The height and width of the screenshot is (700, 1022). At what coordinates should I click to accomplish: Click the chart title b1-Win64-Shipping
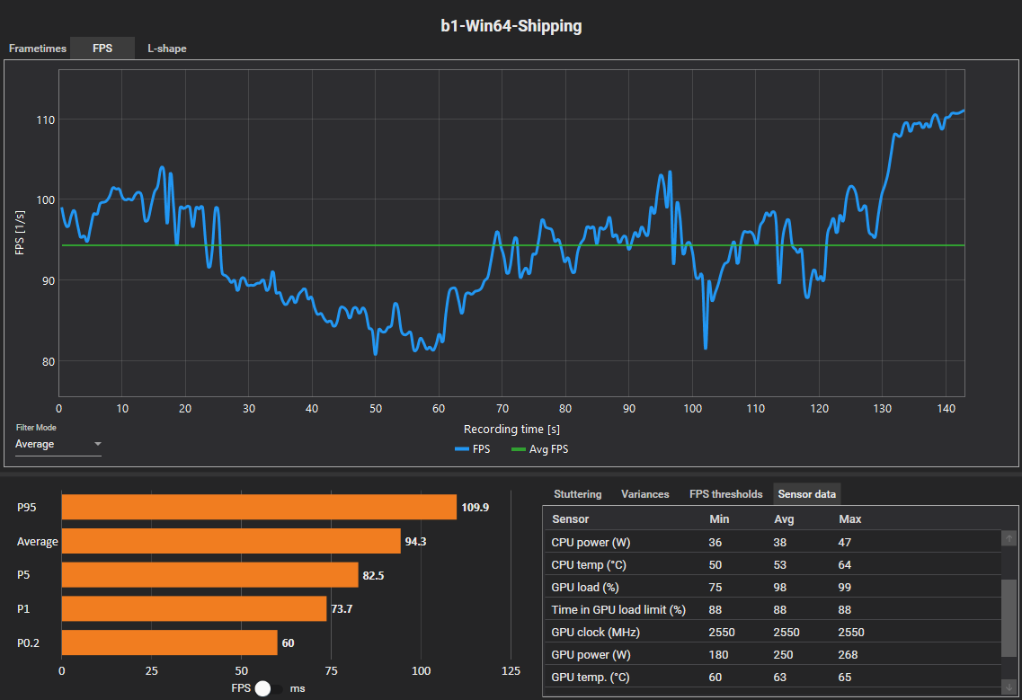coord(511,26)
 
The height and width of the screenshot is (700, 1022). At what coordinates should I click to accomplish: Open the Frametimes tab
coord(38,49)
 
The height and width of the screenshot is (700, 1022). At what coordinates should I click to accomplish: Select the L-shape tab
coord(167,49)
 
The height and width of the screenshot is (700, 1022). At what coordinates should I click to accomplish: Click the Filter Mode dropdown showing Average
coord(58,444)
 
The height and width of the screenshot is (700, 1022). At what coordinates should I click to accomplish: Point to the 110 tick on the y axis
coord(44,120)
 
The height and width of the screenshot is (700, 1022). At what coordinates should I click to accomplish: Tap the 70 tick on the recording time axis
coord(502,409)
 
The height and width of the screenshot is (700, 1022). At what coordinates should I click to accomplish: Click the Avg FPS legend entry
coord(539,449)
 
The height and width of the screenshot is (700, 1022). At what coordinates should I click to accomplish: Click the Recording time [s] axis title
coord(511,430)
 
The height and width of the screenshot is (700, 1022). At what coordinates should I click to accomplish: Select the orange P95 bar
coord(259,508)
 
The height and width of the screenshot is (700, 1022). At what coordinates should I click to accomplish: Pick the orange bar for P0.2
coord(169,642)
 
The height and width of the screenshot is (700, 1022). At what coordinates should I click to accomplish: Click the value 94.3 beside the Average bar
coord(417,542)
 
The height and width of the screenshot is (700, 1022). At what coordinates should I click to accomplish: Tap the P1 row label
coord(23,609)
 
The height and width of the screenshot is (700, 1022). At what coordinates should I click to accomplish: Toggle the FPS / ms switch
coord(268,688)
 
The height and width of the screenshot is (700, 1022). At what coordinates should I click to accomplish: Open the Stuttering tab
coord(577,494)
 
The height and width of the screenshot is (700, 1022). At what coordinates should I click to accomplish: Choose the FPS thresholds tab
coord(725,494)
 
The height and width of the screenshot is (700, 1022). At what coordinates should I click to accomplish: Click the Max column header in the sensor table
coord(849,519)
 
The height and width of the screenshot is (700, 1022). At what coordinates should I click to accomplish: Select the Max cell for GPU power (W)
coord(850,654)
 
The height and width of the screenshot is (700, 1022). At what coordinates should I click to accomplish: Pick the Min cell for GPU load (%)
coord(715,587)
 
